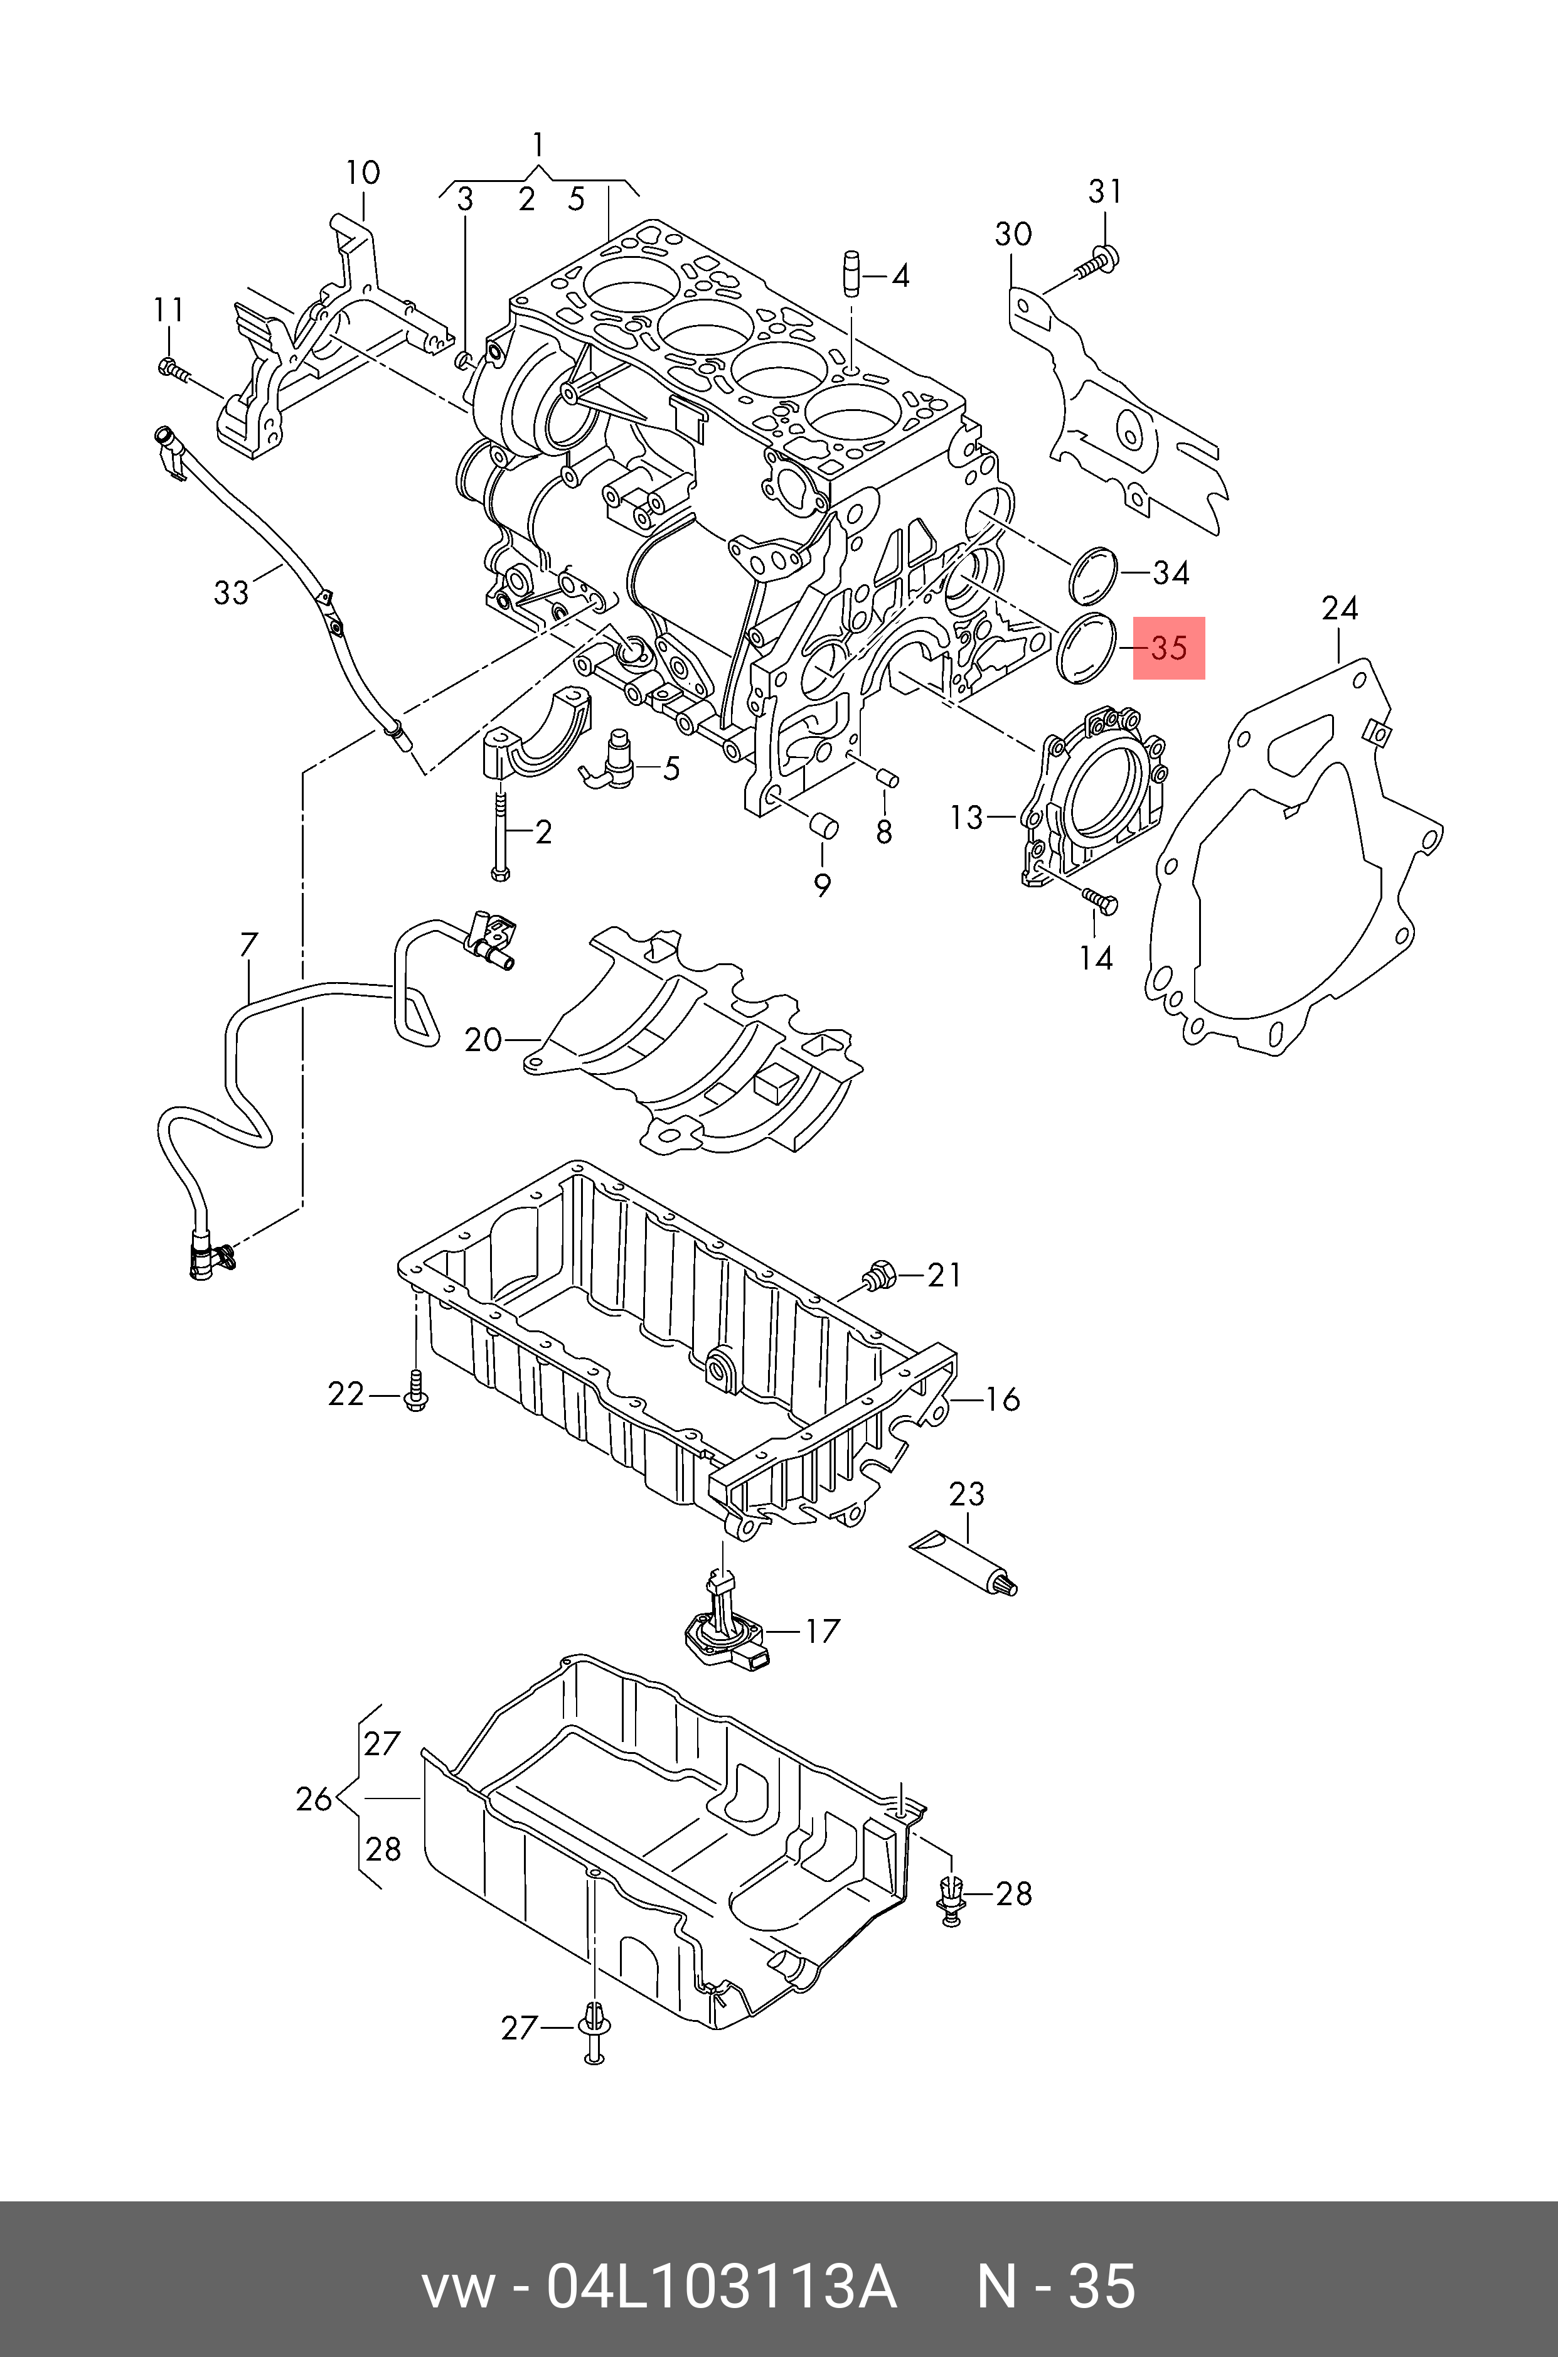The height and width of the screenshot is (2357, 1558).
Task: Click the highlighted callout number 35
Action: pyautogui.click(x=1170, y=648)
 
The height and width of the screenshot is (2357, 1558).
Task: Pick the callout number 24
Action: pyautogui.click(x=1340, y=607)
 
